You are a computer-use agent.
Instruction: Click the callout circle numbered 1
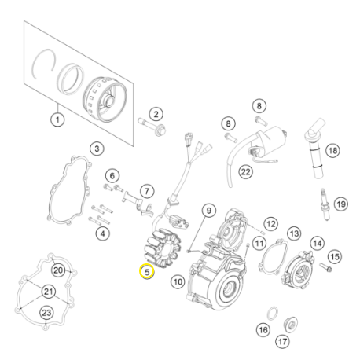[x=57, y=119]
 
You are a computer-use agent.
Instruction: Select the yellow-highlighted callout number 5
[x=146, y=273]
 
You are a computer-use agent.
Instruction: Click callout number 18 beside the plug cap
[x=332, y=150]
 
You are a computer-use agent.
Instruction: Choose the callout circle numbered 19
[x=340, y=204]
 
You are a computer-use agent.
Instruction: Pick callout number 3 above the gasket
[x=96, y=148]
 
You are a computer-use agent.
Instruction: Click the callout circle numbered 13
[x=293, y=233]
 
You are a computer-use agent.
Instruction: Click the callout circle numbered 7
[x=145, y=191]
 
